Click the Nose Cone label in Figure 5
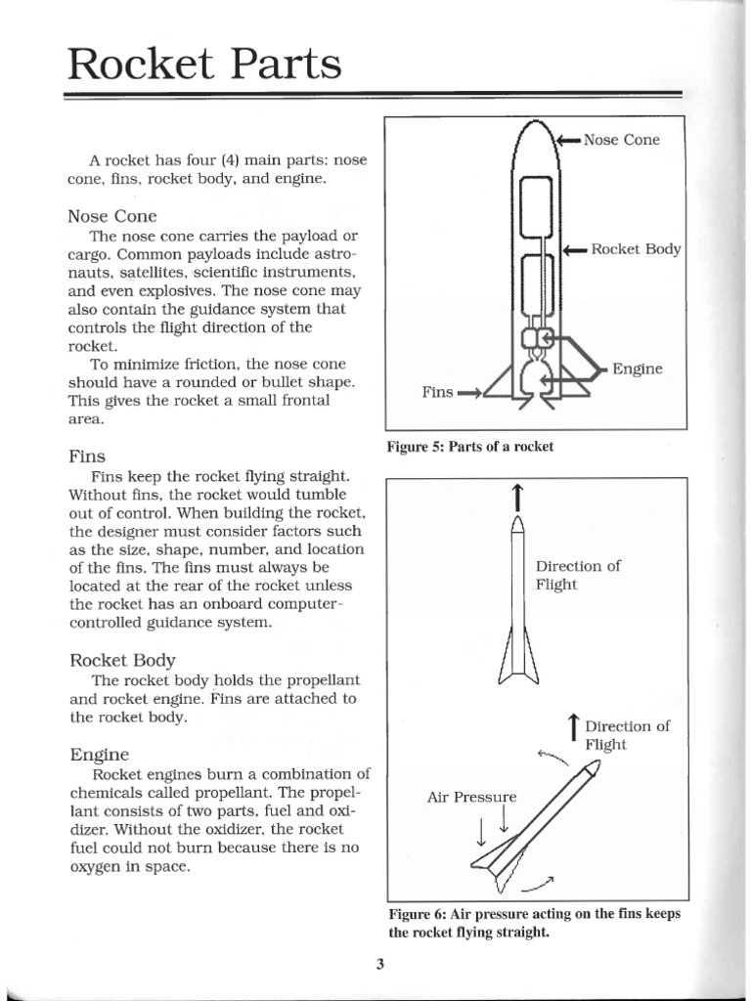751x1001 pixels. (x=621, y=140)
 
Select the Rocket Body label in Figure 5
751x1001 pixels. (x=636, y=248)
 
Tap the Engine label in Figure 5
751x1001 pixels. (x=637, y=369)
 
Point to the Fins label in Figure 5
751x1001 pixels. (x=437, y=392)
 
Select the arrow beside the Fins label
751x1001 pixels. (x=469, y=393)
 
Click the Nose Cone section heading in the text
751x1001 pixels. (x=112, y=215)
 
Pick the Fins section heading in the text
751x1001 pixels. (x=88, y=457)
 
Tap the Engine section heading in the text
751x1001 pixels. (x=100, y=755)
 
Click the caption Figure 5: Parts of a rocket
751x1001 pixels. (x=470, y=447)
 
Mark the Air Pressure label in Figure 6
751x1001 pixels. (x=470, y=797)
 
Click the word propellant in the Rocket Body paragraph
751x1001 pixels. (x=307, y=679)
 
